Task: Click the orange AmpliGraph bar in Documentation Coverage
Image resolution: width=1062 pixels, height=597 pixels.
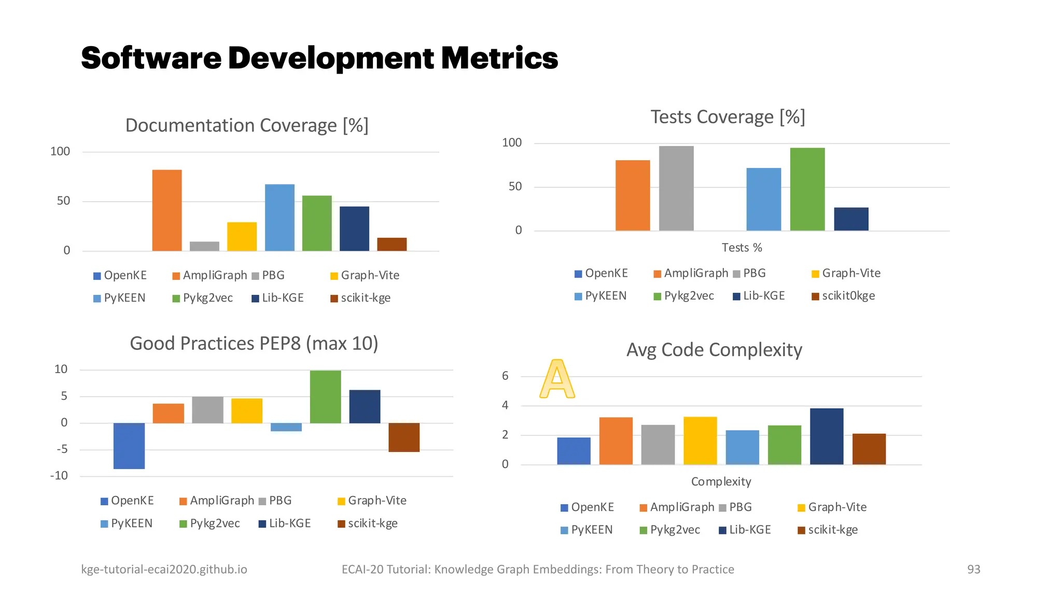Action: point(167,210)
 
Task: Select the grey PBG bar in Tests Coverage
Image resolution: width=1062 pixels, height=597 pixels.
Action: point(676,189)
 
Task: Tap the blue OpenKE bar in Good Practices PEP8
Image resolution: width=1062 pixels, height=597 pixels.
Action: point(129,446)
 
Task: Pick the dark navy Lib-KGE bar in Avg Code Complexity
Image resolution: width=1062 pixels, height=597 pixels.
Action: point(827,436)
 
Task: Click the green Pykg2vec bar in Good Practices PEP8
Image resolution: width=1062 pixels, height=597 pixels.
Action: point(326,397)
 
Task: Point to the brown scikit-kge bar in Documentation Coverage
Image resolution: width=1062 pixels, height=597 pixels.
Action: point(392,244)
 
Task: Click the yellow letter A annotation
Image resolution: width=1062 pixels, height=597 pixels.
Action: point(557,379)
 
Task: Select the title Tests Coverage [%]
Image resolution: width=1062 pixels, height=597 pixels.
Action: point(728,117)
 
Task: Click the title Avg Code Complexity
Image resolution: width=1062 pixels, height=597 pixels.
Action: point(714,350)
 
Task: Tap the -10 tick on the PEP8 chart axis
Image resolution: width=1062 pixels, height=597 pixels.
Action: point(59,476)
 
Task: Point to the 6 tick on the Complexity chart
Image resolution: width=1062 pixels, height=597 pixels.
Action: point(505,376)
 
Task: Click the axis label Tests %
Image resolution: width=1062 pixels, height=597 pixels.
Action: point(742,248)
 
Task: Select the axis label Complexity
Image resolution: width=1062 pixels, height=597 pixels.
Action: point(721,481)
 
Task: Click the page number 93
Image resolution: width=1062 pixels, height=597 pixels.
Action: point(973,569)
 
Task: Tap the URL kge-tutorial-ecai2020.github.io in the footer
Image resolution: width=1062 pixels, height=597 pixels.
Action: point(164,569)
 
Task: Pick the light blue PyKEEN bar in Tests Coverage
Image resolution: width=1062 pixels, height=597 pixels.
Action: point(763,200)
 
